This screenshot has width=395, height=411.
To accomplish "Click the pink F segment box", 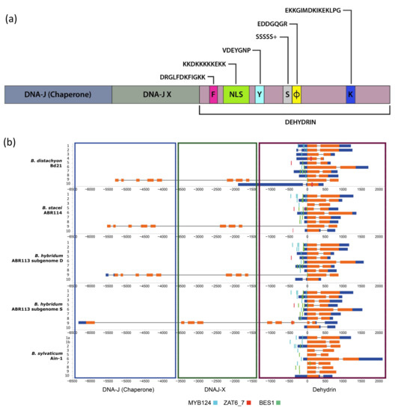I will point(214,95).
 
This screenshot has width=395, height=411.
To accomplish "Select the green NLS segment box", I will point(236,95).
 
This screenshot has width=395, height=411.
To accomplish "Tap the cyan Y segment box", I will point(259,95).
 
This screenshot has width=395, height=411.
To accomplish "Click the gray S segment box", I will point(287,95).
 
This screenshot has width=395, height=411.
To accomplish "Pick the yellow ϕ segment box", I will point(296,95).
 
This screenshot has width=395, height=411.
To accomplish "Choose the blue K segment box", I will point(350,95).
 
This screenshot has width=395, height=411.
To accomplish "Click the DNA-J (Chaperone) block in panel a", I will point(58,95).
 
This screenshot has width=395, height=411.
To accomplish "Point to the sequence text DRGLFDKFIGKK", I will point(180,75).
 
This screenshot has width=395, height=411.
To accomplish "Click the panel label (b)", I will point(10,141).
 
